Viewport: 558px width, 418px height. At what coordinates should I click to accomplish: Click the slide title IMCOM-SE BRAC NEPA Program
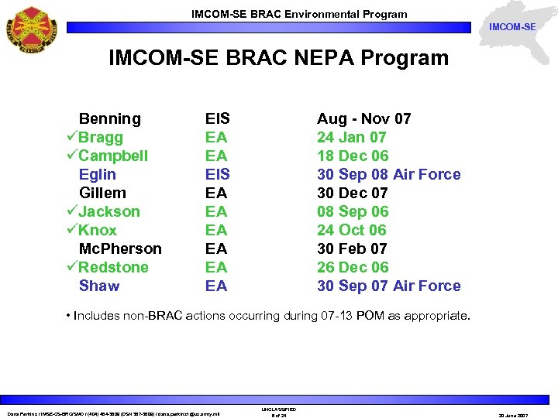278,58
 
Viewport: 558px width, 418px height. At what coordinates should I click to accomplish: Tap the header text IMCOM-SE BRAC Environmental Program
299,14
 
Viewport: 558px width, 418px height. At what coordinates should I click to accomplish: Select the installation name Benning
110,118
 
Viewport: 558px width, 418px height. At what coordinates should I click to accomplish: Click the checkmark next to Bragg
71,137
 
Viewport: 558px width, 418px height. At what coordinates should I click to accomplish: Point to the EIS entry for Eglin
217,174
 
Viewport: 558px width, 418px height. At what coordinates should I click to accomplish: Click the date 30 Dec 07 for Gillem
353,193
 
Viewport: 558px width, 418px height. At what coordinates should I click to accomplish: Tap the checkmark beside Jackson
71,211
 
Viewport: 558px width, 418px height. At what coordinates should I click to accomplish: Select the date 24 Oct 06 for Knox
351,230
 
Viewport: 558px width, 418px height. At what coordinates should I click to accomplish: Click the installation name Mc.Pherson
120,248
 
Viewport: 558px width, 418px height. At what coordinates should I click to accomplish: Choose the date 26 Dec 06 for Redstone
353,267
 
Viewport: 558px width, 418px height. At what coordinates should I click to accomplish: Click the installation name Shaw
99,286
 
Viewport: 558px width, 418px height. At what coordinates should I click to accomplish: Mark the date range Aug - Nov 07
363,118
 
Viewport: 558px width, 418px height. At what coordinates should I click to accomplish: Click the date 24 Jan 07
351,137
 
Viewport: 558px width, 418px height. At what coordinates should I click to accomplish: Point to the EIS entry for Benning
217,118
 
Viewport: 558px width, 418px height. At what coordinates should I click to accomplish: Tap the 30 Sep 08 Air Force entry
388,174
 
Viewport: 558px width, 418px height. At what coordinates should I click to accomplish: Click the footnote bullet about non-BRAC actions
272,316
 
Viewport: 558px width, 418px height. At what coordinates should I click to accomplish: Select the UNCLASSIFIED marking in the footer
280,409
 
